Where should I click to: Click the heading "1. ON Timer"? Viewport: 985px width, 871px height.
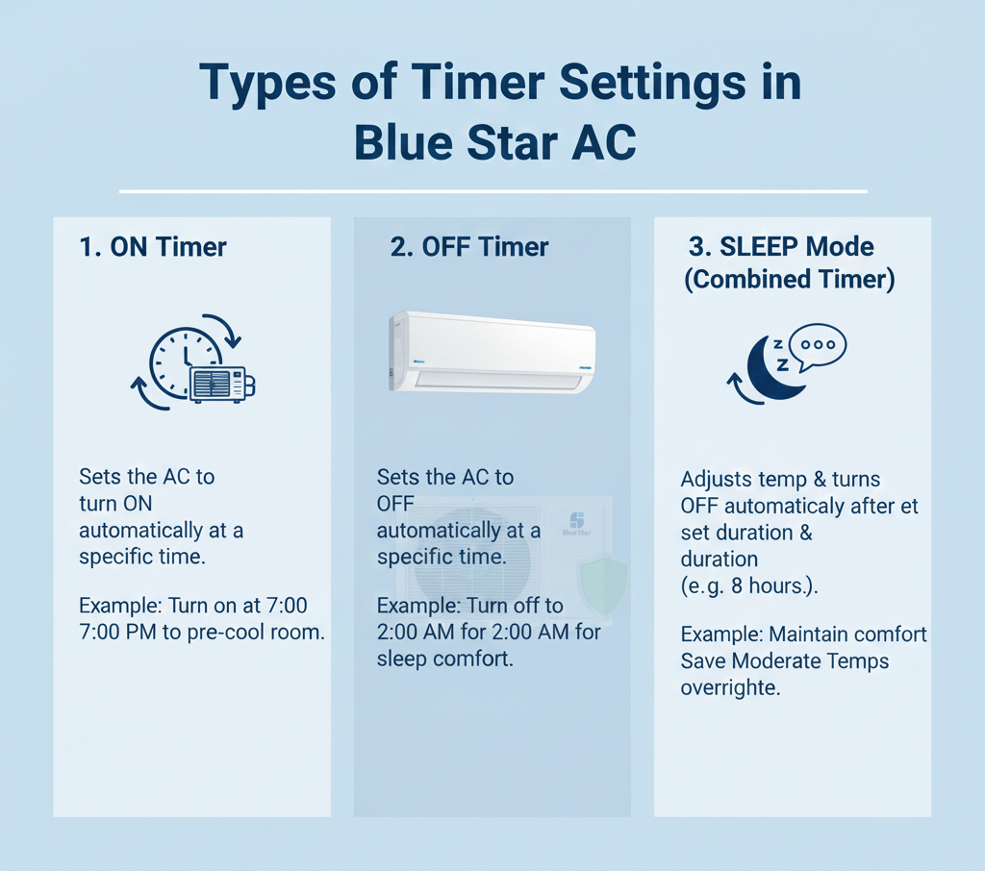[153, 247]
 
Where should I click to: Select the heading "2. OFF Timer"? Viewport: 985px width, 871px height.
[469, 247]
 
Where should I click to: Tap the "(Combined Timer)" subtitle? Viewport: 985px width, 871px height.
[790, 280]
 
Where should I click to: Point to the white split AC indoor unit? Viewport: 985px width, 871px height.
[492, 352]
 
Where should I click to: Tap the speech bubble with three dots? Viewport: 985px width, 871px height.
[818, 347]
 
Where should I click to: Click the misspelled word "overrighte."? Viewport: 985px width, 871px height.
[731, 687]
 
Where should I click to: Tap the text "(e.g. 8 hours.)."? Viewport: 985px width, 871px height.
[749, 585]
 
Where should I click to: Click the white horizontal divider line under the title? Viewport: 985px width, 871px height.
[493, 191]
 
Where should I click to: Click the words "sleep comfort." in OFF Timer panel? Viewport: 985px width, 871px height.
[444, 659]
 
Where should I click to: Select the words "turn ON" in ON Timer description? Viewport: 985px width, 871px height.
[115, 504]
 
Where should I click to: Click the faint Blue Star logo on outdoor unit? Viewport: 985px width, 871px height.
[577, 523]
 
